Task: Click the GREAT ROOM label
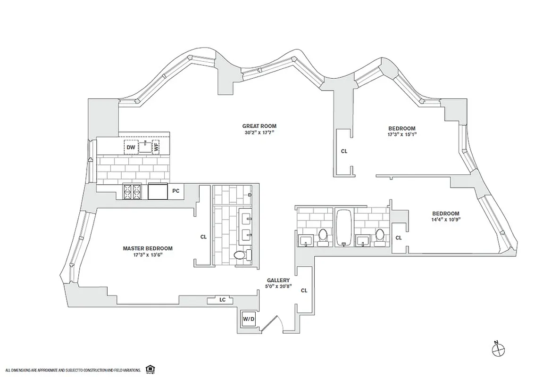[x=259, y=126]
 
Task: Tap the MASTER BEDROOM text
[x=148, y=248]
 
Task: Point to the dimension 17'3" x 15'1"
[x=402, y=134]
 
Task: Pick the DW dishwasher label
[x=131, y=148]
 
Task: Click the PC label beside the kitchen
[x=176, y=191]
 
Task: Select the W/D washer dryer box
[x=249, y=319]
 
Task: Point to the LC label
[x=222, y=299]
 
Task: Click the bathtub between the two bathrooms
[x=344, y=228]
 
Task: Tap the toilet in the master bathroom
[x=241, y=255]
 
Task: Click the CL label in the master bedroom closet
[x=203, y=237]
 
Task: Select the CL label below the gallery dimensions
[x=304, y=290]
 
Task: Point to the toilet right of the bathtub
[x=380, y=237]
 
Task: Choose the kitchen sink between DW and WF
[x=145, y=147]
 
